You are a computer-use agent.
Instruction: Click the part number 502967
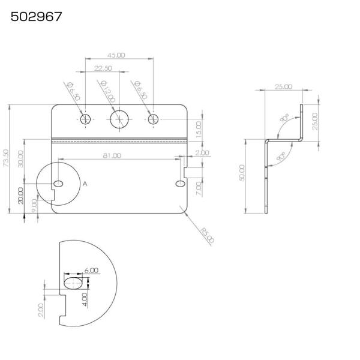tap(36, 17)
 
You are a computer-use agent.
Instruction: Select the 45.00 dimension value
tap(116, 55)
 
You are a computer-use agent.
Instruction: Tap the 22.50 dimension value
tap(103, 68)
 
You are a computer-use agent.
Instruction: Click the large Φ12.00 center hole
tap(119, 119)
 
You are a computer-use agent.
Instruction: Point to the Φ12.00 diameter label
tap(107, 91)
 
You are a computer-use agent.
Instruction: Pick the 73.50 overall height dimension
tap(6, 158)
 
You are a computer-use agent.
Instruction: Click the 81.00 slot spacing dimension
tap(112, 155)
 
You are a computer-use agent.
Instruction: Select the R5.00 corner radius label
tap(208, 235)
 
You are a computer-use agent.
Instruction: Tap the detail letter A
tap(85, 184)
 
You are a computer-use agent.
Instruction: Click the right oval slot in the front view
tap(181, 184)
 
